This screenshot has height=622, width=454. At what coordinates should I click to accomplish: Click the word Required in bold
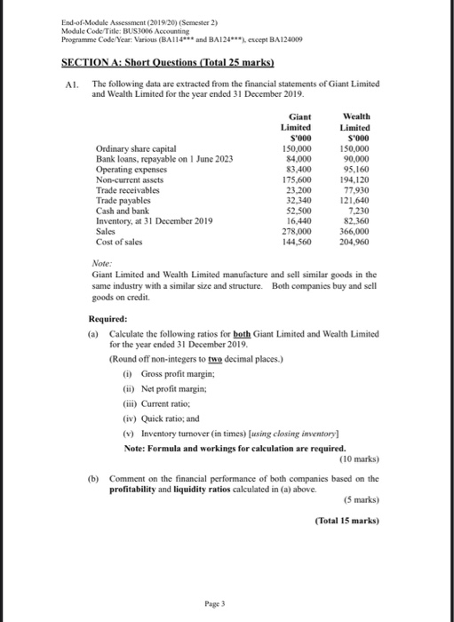(108, 318)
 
